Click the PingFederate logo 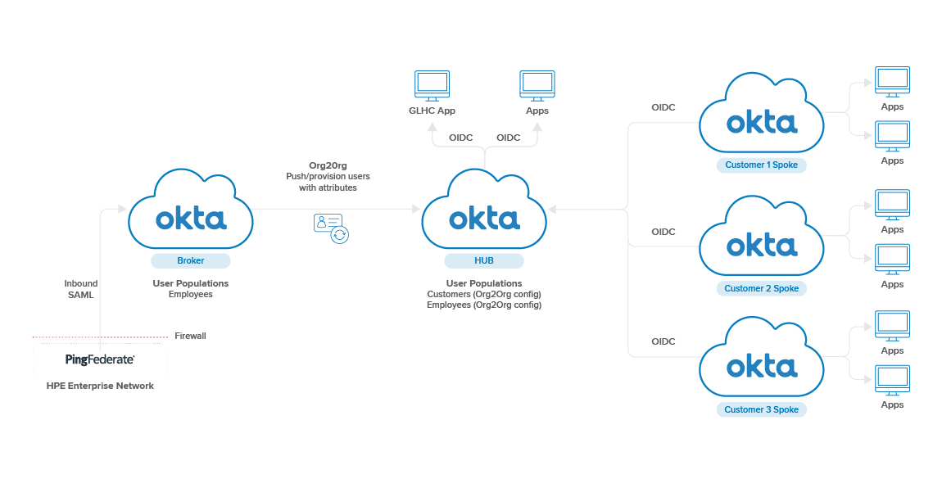(100, 359)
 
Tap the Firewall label (190, 336)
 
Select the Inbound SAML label (80, 289)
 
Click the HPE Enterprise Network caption (100, 386)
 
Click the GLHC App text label (432, 111)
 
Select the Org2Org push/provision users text (328, 176)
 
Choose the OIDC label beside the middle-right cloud (663, 232)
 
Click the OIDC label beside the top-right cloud (663, 107)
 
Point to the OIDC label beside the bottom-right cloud (663, 341)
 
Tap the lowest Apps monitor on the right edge (892, 381)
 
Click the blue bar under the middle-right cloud (761, 288)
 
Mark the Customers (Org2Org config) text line (484, 294)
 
